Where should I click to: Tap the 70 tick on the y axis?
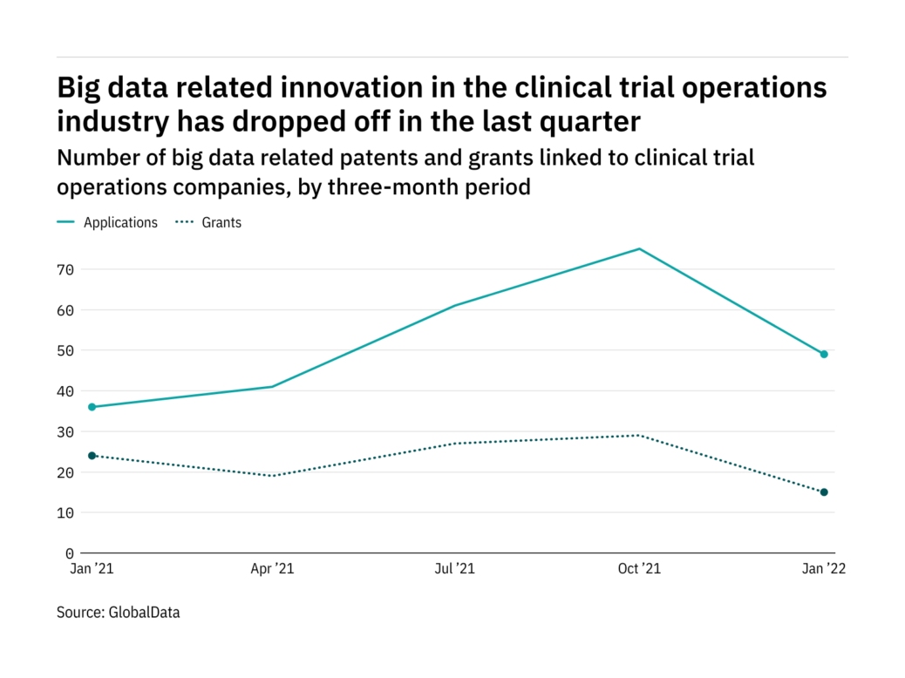pos(66,269)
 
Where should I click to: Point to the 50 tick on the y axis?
pos(66,350)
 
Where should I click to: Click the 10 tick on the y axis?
pos(66,512)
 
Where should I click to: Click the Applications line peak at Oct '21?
pos(639,249)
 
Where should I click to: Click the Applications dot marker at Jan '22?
pos(823,354)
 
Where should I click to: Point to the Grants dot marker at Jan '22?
pos(823,492)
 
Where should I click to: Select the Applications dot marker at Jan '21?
pos(92,407)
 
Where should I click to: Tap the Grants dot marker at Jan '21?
pos(92,456)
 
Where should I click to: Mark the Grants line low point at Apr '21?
pos(273,476)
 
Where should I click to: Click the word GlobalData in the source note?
pos(144,613)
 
